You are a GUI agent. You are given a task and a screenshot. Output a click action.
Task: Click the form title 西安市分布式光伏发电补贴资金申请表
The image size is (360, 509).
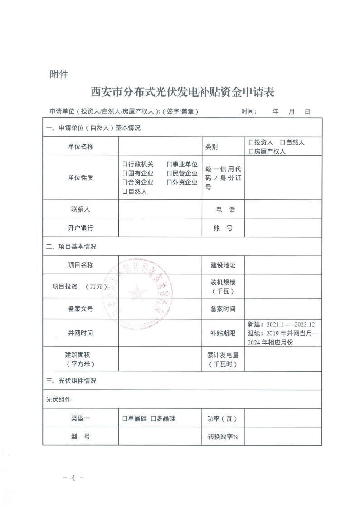183,92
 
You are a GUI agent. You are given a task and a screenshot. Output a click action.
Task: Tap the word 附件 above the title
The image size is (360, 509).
58,74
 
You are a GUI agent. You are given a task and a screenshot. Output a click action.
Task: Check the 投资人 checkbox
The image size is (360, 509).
251,142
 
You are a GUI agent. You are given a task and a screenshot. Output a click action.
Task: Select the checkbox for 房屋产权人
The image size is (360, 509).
251,151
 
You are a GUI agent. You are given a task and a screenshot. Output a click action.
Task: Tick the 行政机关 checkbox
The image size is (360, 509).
125,165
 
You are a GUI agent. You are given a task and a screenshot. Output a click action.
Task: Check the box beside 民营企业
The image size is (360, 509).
169,174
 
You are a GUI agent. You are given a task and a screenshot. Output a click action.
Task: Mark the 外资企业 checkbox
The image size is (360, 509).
169,183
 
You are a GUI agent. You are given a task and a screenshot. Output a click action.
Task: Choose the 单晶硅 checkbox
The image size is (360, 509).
125,418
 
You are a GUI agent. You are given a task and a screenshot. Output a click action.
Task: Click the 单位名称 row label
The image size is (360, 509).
80,146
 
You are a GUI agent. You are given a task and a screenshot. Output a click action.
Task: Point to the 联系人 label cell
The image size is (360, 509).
80,209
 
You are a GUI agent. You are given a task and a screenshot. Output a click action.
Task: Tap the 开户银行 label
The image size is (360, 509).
80,228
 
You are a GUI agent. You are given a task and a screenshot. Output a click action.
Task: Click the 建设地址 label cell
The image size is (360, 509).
223,265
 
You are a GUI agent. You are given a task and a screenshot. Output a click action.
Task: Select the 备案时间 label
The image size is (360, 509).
223,309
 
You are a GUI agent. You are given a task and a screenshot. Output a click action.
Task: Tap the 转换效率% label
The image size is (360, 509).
223,436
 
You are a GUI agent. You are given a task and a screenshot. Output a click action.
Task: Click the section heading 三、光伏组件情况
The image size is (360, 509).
71,381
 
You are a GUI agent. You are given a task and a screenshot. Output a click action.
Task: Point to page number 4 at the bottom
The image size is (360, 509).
72,478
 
